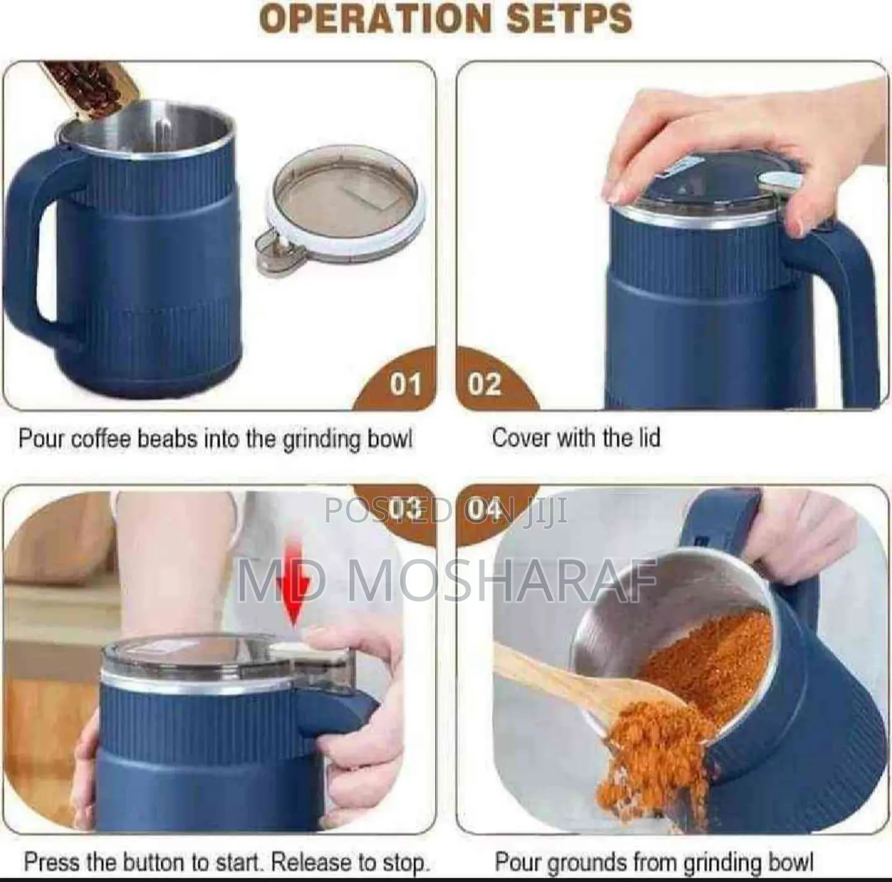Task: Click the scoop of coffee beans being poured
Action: (92, 89)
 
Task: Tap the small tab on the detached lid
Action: (270, 248)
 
